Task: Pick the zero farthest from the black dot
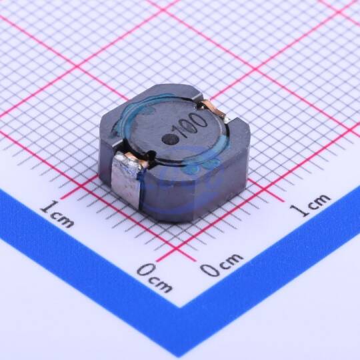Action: point(201,121)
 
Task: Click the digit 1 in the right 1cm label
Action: point(299,210)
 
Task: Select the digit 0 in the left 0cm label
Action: point(146,269)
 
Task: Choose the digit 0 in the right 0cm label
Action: point(209,269)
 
